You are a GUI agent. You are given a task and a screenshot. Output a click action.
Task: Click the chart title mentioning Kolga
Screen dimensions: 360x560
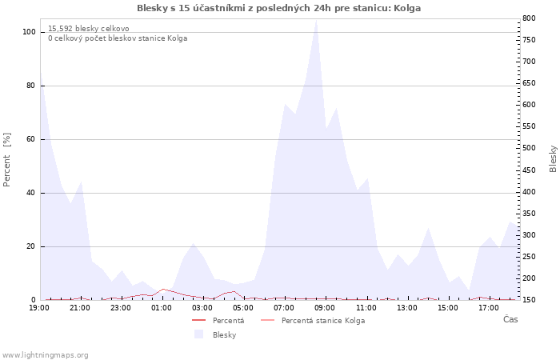pyautogui.click(x=278, y=8)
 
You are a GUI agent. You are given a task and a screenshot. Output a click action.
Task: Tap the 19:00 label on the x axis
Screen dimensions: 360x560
pyautogui.click(x=40, y=307)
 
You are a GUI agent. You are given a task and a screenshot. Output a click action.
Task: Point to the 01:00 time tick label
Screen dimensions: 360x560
pyautogui.click(x=162, y=307)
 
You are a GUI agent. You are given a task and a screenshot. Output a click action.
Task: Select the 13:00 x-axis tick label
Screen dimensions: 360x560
pyautogui.click(x=407, y=307)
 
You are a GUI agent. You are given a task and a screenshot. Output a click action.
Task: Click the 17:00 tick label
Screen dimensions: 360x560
pyautogui.click(x=489, y=307)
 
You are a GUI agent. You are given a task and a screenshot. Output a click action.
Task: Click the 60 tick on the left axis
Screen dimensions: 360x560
pyautogui.click(x=31, y=139)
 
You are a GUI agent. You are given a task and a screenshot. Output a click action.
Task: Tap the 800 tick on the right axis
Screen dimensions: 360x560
pyautogui.click(x=528, y=18)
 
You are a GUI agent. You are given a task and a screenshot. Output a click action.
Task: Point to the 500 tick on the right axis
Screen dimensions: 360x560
pyautogui.click(x=528, y=148)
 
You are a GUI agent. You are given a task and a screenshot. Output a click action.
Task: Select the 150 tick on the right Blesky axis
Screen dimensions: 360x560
pyautogui.click(x=528, y=300)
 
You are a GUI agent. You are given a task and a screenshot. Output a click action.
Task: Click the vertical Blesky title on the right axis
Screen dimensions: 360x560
pyautogui.click(x=553, y=158)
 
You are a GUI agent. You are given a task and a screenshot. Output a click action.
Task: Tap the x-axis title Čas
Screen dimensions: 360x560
pyautogui.click(x=510, y=319)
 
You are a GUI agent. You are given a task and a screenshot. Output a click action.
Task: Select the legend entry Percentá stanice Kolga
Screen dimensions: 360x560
pyautogui.click(x=322, y=321)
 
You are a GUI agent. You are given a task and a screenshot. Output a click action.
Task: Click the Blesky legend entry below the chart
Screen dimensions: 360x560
pyautogui.click(x=224, y=334)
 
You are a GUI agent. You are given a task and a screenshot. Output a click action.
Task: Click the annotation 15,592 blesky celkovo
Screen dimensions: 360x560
pyautogui.click(x=88, y=29)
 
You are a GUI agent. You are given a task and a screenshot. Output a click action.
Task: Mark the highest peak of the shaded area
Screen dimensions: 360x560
pyautogui.click(x=316, y=20)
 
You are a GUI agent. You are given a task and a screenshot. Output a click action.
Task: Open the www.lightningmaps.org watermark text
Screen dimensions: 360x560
pyautogui.click(x=45, y=355)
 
